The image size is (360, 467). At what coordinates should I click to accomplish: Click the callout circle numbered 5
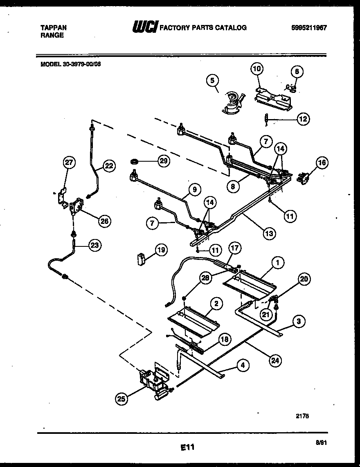212,81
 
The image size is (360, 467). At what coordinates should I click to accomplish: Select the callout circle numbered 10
257,69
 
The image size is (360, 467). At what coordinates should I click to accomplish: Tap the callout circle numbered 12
303,119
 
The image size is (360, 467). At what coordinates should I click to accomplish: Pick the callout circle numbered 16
322,162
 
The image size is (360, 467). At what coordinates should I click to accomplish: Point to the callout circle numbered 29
163,161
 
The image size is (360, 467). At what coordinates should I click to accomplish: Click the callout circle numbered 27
69,162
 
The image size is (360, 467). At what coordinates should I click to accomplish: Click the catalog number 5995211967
309,28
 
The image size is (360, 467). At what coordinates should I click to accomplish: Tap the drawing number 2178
302,415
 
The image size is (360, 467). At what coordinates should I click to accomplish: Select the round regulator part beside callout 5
232,102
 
